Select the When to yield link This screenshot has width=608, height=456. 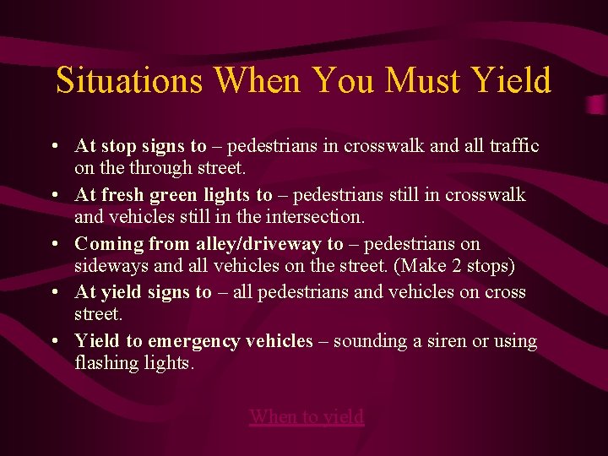(x=307, y=415)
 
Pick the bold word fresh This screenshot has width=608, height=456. (x=122, y=195)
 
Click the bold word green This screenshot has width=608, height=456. (x=176, y=195)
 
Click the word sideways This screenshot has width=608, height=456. (x=107, y=266)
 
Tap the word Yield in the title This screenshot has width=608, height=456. (x=511, y=81)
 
